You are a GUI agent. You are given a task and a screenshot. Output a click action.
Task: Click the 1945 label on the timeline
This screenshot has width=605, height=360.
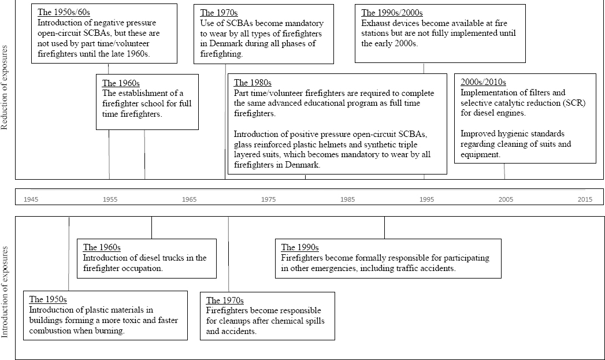(31, 199)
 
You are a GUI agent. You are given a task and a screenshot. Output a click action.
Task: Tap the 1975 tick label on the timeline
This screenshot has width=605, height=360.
(268, 199)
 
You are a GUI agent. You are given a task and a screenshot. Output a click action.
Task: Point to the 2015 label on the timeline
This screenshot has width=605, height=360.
(585, 199)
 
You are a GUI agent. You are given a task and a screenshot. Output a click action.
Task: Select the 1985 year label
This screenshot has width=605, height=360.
(347, 199)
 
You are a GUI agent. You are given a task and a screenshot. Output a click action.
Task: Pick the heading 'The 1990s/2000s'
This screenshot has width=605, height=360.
(390, 13)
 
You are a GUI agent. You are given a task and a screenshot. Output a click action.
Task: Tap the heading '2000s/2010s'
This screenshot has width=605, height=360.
(483, 82)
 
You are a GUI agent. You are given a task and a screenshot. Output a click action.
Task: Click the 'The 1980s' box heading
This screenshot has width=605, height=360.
(253, 83)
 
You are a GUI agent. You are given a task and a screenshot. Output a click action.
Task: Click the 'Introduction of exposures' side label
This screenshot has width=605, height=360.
(5, 291)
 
